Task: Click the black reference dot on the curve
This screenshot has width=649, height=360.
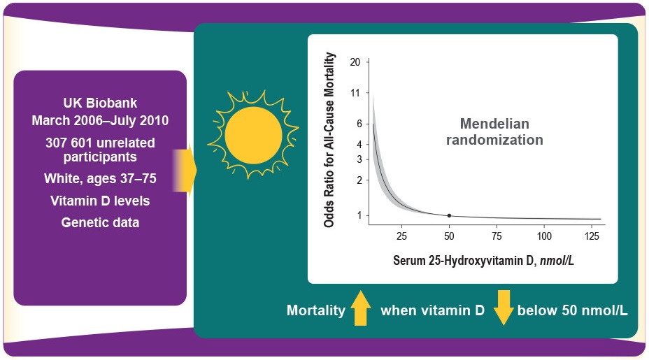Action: point(449,215)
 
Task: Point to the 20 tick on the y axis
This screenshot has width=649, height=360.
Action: point(355,62)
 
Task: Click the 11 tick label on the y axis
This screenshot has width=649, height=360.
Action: point(355,92)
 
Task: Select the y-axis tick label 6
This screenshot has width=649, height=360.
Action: point(357,124)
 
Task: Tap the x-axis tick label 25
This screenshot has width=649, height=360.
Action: point(401,236)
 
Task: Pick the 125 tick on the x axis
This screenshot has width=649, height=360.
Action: point(592,236)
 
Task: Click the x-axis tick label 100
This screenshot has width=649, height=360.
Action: point(544,236)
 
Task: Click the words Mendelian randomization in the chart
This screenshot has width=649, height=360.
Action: point(494,131)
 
